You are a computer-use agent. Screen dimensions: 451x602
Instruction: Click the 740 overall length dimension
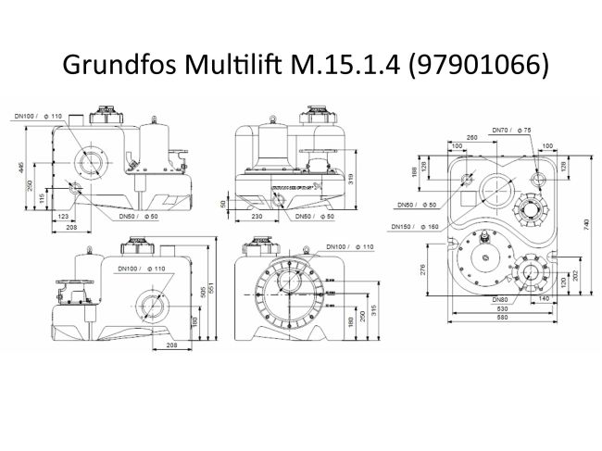point(584,223)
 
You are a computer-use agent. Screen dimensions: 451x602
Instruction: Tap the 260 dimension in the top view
point(472,138)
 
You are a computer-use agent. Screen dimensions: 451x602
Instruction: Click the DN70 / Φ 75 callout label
point(513,129)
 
